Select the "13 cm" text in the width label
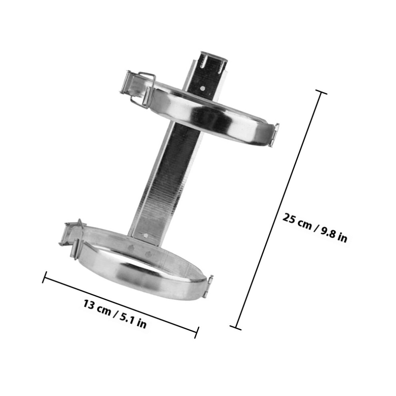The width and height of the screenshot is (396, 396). click(97, 307)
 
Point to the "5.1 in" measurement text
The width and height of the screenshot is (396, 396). click(133, 320)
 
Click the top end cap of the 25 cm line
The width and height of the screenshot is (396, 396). click(321, 92)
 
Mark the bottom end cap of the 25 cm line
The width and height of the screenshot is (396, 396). click(235, 328)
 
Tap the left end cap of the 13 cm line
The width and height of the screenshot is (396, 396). click(44, 277)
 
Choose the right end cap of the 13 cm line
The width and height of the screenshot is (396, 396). click(197, 332)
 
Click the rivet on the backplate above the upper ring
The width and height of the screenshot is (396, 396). click(202, 88)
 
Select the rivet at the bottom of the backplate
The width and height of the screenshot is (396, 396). click(146, 236)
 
